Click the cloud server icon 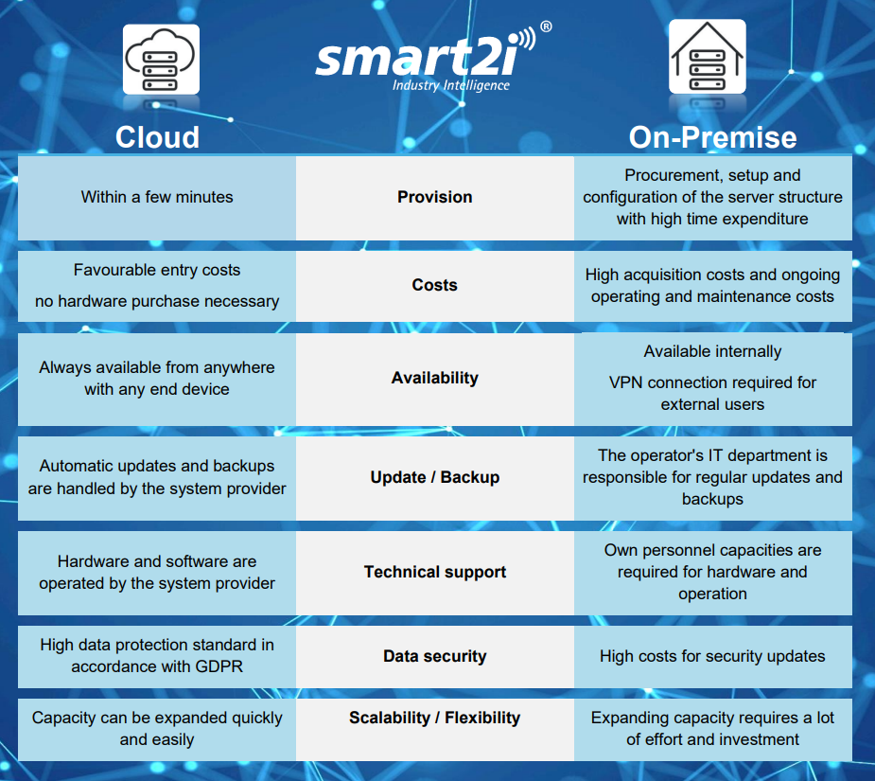click(x=161, y=60)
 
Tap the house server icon click(x=707, y=57)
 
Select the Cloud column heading click(x=157, y=137)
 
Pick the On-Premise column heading click(x=712, y=137)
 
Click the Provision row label click(x=435, y=197)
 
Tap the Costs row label click(x=435, y=285)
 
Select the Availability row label click(x=435, y=379)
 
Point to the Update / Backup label click(x=435, y=477)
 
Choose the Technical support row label click(x=435, y=572)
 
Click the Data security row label click(x=435, y=656)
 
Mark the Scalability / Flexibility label click(x=435, y=718)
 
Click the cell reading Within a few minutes click(x=157, y=197)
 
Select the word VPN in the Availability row click(x=625, y=382)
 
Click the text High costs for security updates click(x=712, y=656)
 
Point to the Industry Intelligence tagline click(x=451, y=85)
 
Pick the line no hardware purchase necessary click(x=157, y=301)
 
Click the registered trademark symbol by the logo click(x=547, y=27)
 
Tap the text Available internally click(x=712, y=351)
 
